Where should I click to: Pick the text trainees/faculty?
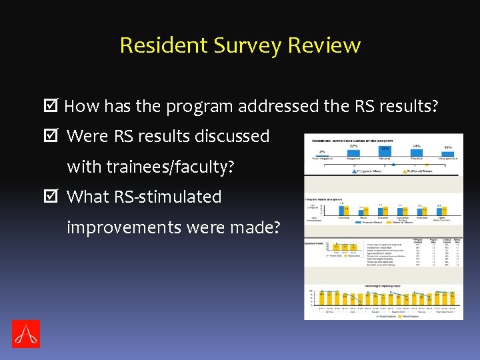point(170,167)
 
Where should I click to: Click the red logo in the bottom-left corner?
point(26,333)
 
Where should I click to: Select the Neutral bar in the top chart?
point(385,153)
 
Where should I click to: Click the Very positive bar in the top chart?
point(449,154)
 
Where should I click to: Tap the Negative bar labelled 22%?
point(353,153)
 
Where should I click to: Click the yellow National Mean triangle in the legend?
point(405,171)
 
